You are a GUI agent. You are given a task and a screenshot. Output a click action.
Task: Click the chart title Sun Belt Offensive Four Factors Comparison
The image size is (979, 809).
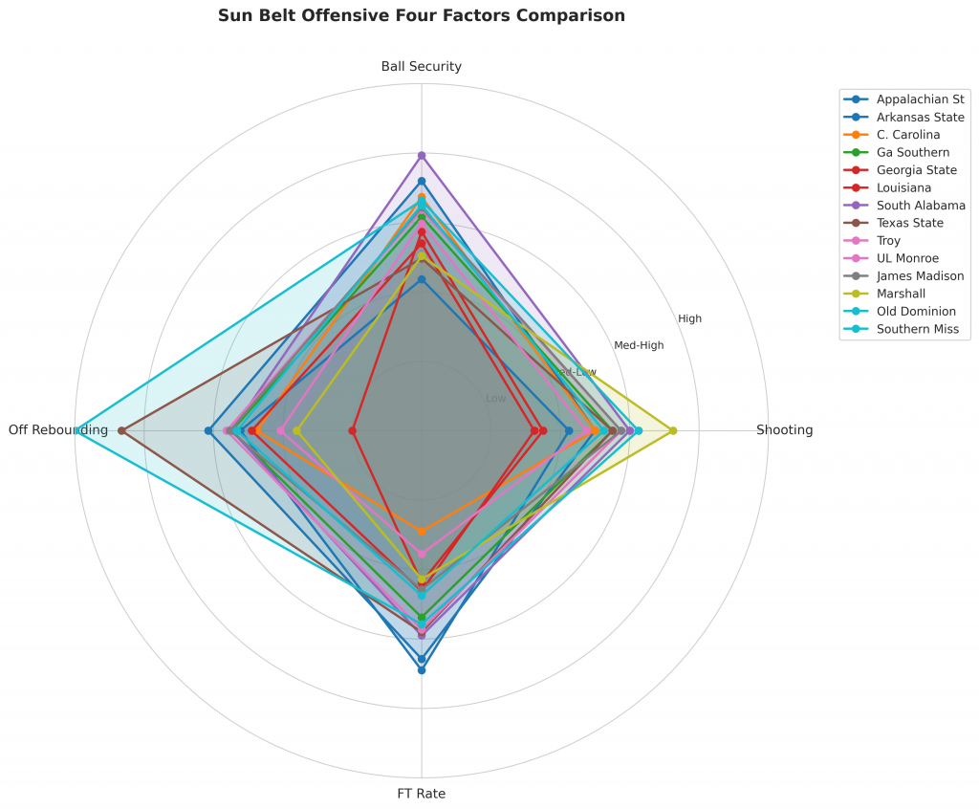click(422, 15)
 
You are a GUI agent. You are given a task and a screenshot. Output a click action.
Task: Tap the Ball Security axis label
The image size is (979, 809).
click(422, 66)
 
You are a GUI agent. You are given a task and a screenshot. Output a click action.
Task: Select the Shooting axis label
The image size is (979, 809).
click(784, 430)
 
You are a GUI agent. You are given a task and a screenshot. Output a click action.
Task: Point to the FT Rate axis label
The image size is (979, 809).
click(422, 794)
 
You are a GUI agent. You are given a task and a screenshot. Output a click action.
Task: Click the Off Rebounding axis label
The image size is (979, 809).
click(58, 430)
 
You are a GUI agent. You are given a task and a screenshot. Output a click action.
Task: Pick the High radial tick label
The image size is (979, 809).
click(689, 318)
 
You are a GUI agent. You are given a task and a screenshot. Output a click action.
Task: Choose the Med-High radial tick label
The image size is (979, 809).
click(639, 345)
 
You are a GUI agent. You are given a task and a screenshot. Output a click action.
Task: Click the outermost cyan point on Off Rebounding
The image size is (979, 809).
click(77, 430)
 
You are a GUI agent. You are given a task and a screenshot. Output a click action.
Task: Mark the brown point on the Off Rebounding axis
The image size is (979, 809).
click(121, 430)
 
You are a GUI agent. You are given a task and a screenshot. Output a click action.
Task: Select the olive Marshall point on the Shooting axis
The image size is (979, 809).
click(673, 430)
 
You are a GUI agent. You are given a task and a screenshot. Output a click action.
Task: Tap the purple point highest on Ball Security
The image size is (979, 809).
click(422, 155)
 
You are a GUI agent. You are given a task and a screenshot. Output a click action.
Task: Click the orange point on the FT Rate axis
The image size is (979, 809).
click(422, 531)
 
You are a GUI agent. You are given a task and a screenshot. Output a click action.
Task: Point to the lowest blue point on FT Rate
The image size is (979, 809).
click(422, 670)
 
